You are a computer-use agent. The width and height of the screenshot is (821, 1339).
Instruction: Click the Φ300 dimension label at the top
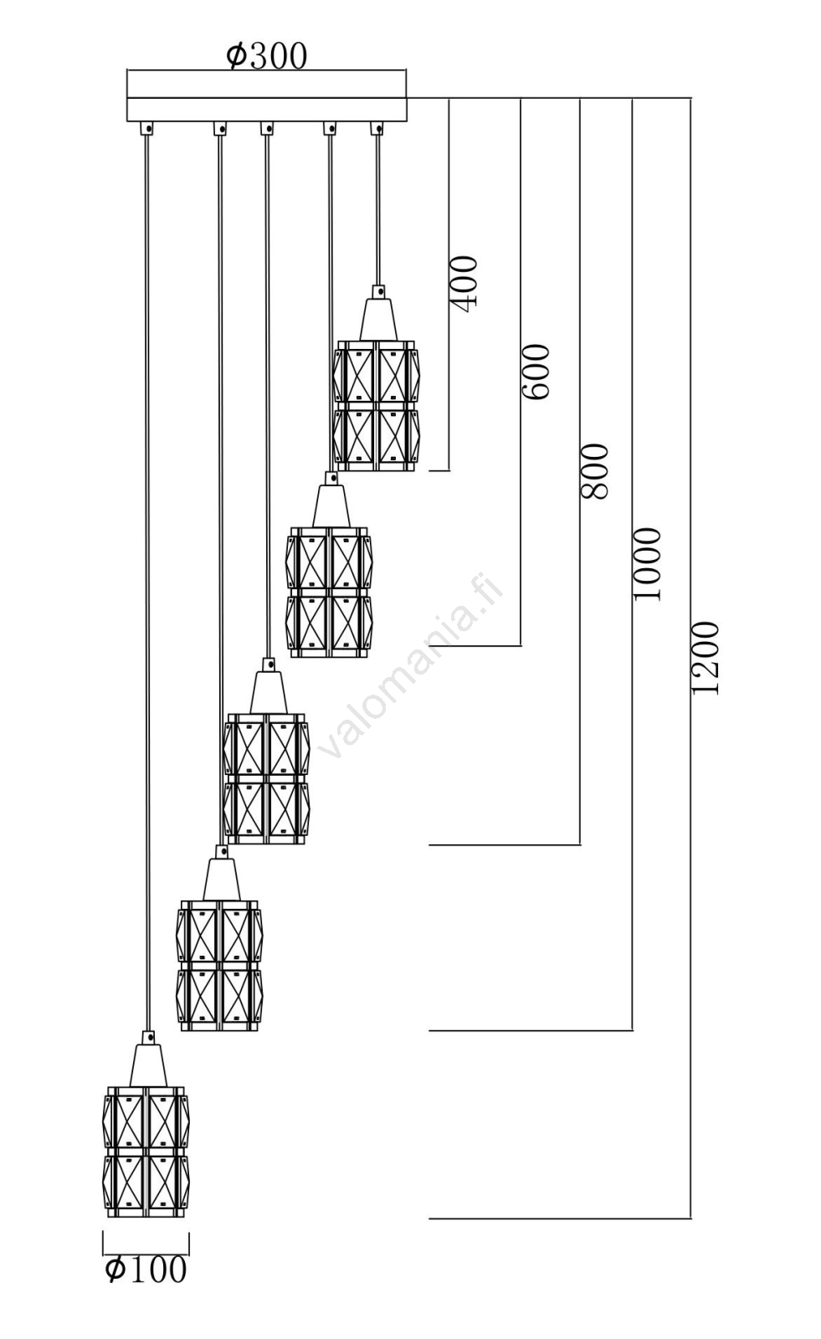[266, 56]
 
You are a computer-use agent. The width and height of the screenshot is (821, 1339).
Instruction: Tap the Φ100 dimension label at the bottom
[146, 1270]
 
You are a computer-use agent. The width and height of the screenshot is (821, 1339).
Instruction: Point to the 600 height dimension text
[536, 371]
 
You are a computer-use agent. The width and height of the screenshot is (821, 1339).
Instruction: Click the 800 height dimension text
[594, 471]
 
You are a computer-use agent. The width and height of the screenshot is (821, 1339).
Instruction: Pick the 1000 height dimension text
[647, 563]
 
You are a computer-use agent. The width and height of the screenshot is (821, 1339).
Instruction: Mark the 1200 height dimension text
[706, 657]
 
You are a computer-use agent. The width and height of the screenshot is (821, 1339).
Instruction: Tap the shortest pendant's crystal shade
[376, 406]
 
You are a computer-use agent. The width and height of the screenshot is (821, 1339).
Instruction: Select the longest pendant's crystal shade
[146, 1152]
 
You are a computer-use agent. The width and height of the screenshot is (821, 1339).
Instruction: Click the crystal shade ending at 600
[329, 592]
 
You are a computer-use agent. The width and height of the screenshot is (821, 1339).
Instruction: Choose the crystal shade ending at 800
[266, 778]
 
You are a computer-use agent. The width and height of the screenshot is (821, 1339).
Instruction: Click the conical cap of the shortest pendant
[378, 316]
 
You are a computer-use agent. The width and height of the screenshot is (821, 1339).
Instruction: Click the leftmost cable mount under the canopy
[147, 128]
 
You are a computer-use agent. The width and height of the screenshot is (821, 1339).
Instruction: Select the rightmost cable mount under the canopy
[377, 128]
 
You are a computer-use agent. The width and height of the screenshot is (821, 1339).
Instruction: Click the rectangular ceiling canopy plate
[266, 109]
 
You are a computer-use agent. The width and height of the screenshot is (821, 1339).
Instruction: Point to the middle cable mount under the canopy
[266, 128]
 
